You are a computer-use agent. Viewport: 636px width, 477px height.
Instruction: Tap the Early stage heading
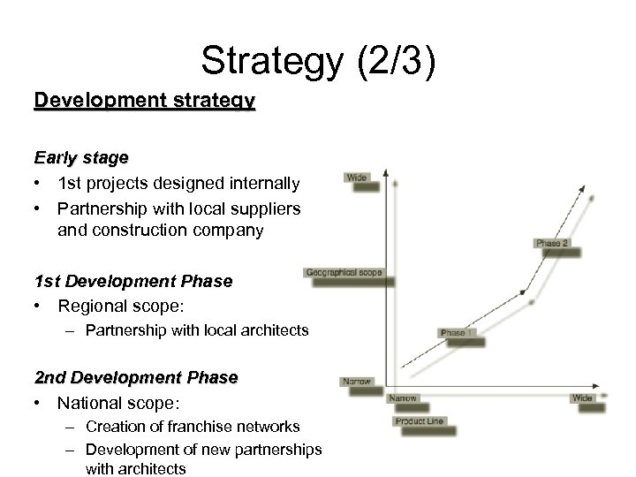pyautogui.click(x=81, y=158)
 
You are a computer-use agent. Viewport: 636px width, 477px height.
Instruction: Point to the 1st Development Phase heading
pyautogui.click(x=133, y=282)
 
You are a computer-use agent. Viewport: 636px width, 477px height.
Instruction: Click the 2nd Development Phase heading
pyautogui.click(x=136, y=377)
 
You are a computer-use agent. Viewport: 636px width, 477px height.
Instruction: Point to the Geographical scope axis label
pyautogui.click(x=344, y=273)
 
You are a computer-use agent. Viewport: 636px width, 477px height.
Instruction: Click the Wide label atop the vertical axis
pyautogui.click(x=358, y=178)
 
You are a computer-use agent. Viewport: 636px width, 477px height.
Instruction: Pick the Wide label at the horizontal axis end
pyautogui.click(x=582, y=398)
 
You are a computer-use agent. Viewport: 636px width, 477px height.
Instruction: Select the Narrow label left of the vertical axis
pyautogui.click(x=356, y=382)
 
